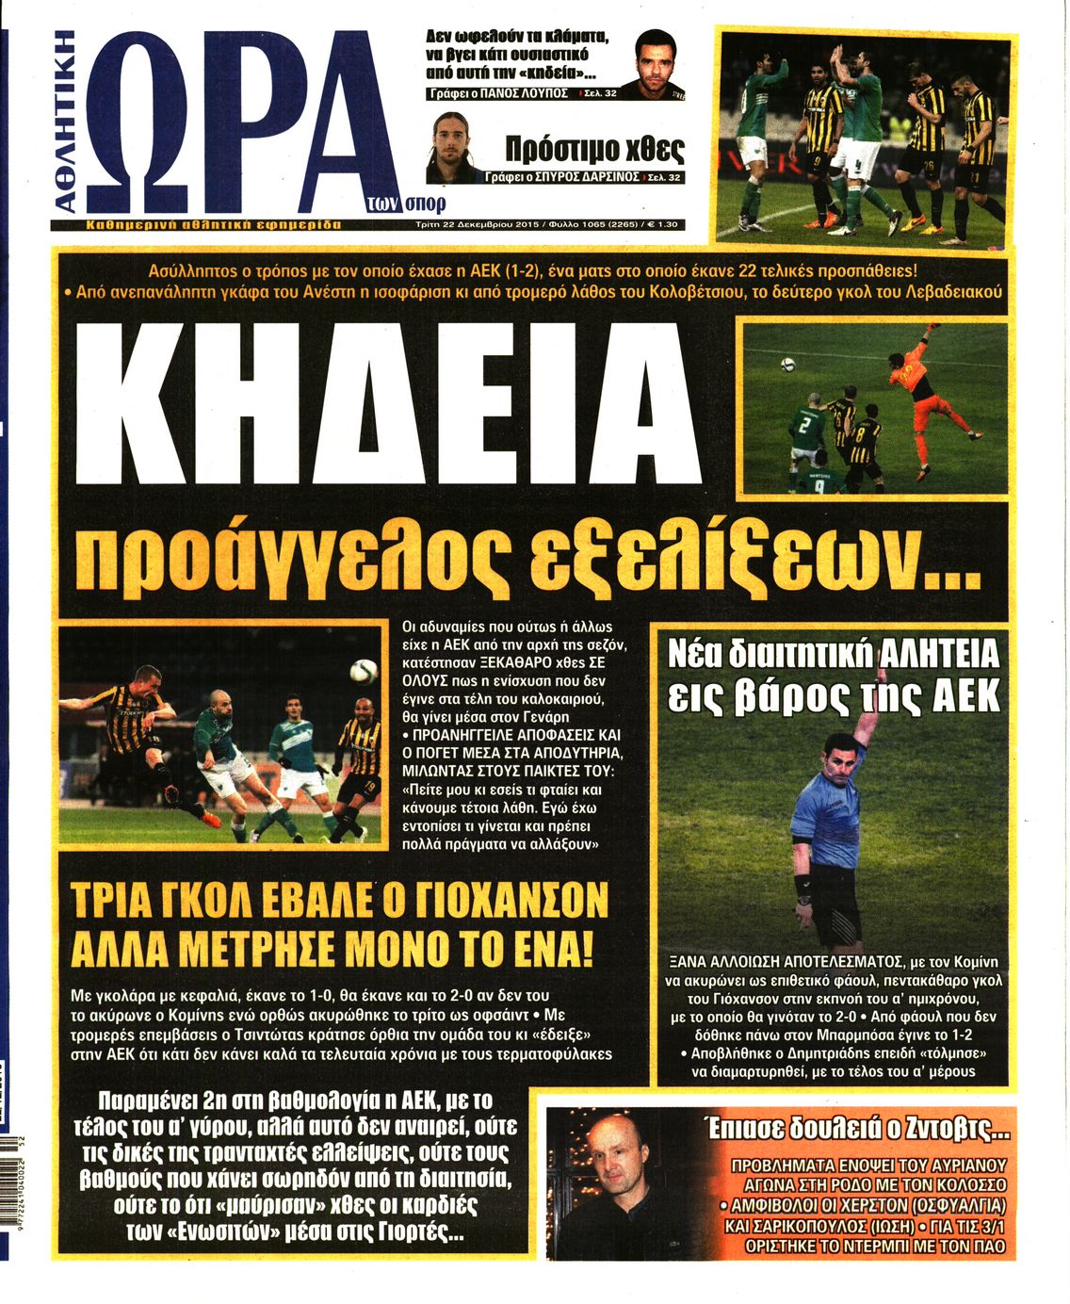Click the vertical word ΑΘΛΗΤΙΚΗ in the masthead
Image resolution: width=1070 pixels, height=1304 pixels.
pos(64,122)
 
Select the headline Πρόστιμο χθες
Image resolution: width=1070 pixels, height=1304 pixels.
pos(594,149)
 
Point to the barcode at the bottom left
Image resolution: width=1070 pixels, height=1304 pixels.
pos(9,1197)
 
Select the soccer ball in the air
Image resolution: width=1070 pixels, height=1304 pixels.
pos(363,670)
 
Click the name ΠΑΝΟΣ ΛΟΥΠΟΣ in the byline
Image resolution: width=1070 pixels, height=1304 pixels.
pos(524,94)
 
